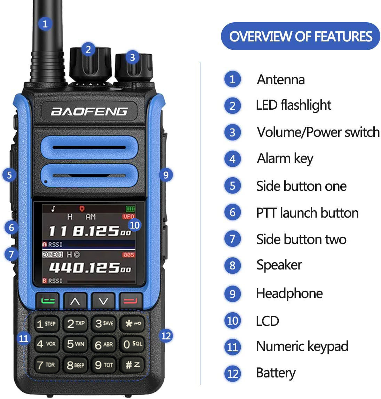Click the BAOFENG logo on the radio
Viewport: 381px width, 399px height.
click(x=89, y=111)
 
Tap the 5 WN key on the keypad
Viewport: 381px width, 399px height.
click(x=76, y=344)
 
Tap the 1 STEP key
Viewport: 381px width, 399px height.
click(x=47, y=324)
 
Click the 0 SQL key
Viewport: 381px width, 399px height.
click(x=133, y=344)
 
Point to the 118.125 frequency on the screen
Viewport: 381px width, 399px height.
click(x=89, y=231)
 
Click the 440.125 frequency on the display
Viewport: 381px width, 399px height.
click(x=90, y=267)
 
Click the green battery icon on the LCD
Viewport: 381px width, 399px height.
click(x=130, y=209)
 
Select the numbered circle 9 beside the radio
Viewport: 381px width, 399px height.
click(x=166, y=174)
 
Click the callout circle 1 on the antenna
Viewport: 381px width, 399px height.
click(x=45, y=24)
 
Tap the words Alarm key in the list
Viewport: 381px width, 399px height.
click(x=285, y=159)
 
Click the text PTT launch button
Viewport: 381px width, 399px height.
click(x=307, y=213)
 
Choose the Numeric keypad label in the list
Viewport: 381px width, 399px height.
click(x=302, y=346)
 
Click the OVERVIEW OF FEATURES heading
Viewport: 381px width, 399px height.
click(x=301, y=36)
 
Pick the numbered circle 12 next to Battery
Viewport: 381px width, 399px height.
click(x=232, y=373)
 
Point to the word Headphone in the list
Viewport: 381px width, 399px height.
click(x=289, y=294)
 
